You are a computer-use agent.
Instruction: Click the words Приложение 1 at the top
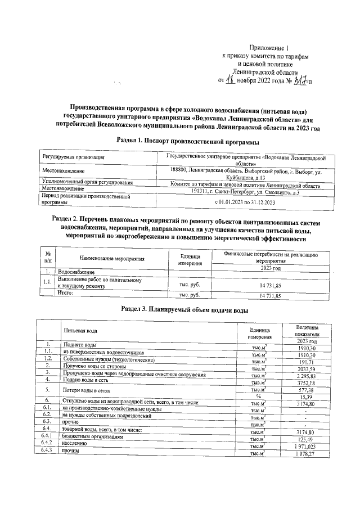(x=271, y=49)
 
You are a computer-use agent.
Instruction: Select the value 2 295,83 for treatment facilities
(x=307, y=376)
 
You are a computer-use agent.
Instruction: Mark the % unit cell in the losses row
(x=258, y=397)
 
